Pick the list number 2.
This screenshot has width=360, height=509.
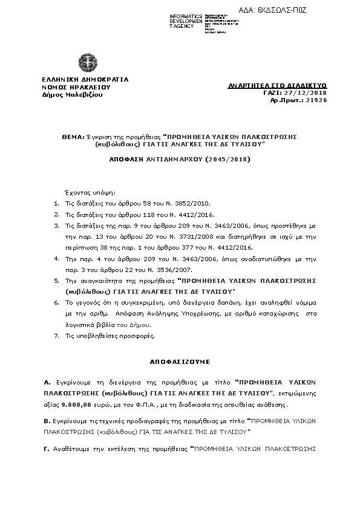pos(56,214)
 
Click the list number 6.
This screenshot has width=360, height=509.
pos(56,303)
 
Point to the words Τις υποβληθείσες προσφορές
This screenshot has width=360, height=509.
pos(99,336)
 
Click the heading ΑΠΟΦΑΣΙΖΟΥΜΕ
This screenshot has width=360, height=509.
pos(180,361)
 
